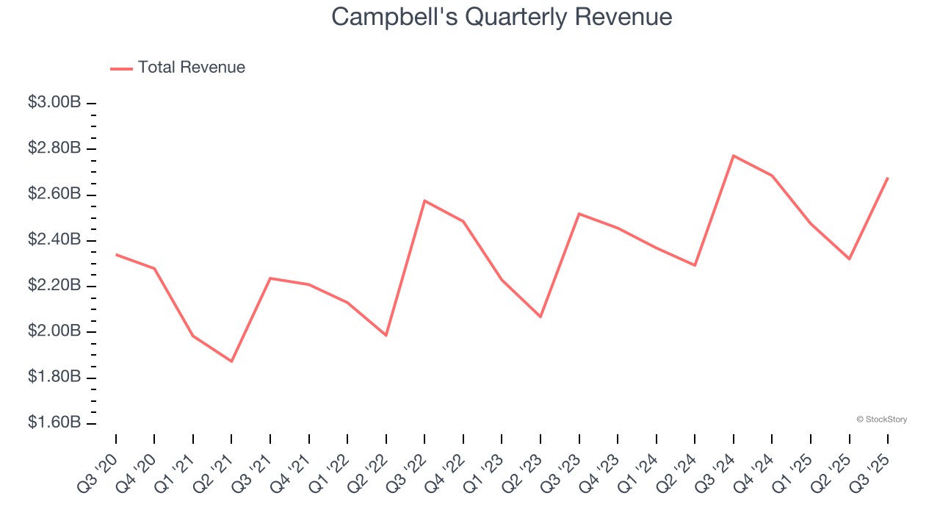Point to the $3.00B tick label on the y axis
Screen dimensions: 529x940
click(x=54, y=103)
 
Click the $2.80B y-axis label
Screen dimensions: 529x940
click(x=54, y=148)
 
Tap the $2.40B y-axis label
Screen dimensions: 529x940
click(x=54, y=240)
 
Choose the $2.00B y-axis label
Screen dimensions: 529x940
click(x=54, y=331)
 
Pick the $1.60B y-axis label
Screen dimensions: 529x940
click(x=54, y=423)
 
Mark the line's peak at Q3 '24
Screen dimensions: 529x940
click(x=734, y=156)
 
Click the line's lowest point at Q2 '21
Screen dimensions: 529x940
click(x=231, y=361)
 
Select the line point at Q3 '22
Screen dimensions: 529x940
click(x=424, y=201)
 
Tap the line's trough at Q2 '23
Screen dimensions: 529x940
click(x=540, y=317)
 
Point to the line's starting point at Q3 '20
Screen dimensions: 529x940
click(x=116, y=254)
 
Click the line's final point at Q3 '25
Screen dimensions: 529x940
click(x=888, y=178)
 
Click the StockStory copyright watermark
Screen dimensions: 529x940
click(x=881, y=420)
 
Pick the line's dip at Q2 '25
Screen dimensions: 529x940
click(x=850, y=259)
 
